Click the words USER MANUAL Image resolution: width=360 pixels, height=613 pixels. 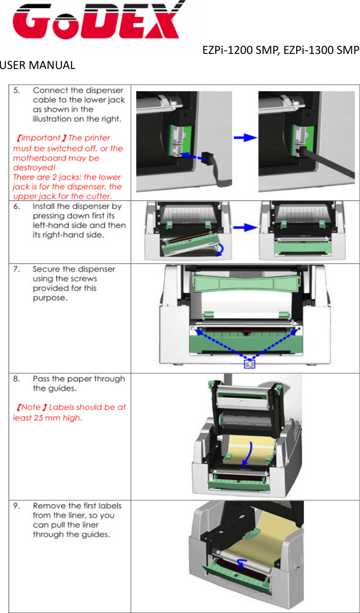[x=38, y=66]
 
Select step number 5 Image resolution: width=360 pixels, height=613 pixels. [x=16, y=91]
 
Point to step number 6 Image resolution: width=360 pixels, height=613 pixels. [x=16, y=206]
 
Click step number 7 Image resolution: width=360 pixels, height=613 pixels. [x=16, y=269]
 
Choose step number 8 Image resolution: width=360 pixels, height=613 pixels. [x=16, y=379]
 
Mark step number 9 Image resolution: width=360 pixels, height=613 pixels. [x=16, y=506]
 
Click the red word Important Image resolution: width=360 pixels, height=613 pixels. [x=41, y=138]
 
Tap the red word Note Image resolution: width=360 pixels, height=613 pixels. [x=31, y=407]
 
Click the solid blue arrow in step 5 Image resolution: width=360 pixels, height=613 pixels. [x=244, y=138]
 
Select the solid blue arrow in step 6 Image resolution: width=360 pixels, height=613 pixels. [x=244, y=227]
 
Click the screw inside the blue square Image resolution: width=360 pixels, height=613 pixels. [x=250, y=364]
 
